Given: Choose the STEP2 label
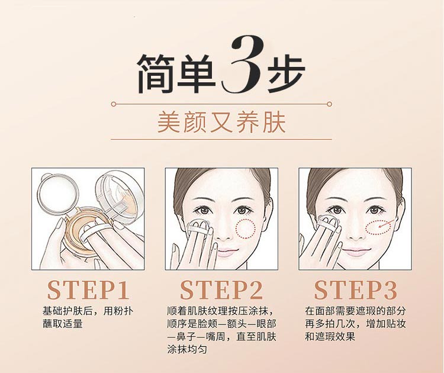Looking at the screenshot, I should pos(221,290).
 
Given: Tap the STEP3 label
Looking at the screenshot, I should pos(356,290).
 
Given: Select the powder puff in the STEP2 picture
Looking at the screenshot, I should pos(198,228).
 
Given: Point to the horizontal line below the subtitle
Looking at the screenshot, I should pos(221,140).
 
